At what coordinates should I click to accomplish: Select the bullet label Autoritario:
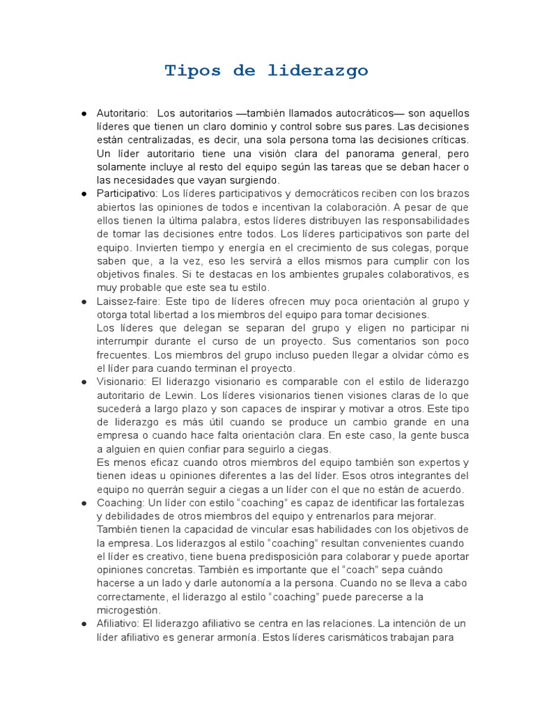(123, 113)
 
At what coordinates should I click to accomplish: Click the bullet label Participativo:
(127, 193)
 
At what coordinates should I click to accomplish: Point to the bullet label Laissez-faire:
(127, 301)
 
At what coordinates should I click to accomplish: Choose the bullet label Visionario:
(122, 382)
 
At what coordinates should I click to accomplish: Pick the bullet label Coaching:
(121, 503)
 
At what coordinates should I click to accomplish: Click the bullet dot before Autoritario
(84, 113)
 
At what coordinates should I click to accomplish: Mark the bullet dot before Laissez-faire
(84, 301)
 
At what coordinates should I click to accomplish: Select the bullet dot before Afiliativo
(84, 623)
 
